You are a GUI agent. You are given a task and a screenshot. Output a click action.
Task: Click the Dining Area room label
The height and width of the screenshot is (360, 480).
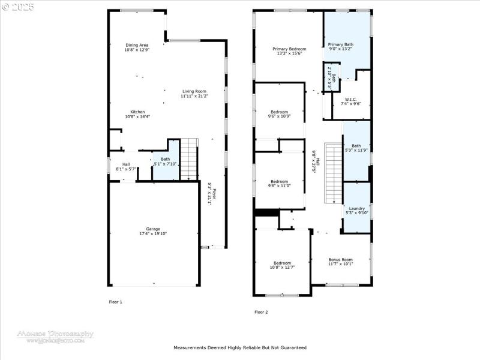(137, 45)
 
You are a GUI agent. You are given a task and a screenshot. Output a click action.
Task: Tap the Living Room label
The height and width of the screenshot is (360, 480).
(194, 91)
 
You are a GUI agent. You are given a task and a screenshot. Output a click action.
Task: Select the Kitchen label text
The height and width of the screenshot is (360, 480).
(137, 112)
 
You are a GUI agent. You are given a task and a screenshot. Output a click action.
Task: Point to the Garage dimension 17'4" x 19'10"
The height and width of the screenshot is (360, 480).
(154, 233)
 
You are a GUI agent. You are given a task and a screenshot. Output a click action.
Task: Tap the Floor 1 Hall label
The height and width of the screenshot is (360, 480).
(126, 164)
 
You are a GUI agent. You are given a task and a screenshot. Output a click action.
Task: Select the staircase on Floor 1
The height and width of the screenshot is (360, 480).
(189, 158)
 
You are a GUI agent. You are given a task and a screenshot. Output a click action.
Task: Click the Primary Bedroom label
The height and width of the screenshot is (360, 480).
(289, 49)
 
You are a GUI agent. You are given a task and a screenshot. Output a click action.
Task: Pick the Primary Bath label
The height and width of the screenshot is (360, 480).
(340, 44)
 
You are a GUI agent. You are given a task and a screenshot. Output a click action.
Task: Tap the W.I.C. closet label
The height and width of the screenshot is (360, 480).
(350, 99)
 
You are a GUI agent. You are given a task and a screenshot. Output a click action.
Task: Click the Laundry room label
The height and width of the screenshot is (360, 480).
(356, 208)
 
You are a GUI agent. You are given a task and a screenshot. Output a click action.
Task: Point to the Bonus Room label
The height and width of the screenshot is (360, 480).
(340, 259)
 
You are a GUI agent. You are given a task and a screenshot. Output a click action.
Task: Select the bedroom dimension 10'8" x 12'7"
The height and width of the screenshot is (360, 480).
(282, 267)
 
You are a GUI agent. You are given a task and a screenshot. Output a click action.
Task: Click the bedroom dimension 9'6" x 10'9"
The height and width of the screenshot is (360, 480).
(279, 116)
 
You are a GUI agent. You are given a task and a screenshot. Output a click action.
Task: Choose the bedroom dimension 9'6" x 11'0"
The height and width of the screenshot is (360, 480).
(279, 186)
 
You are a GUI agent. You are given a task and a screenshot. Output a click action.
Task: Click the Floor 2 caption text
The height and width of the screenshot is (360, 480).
(261, 312)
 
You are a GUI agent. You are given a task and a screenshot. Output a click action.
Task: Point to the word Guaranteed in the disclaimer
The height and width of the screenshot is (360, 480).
(292, 347)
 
